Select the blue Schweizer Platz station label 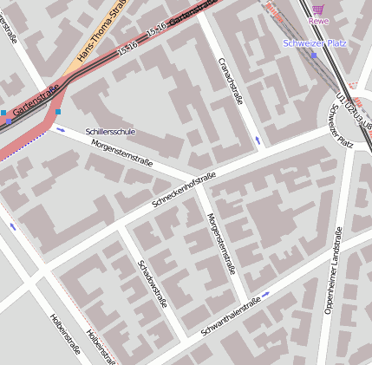(314, 42)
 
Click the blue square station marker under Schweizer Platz (314, 55)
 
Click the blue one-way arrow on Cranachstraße (257, 140)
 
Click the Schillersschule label (110, 132)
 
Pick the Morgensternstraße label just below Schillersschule (122, 153)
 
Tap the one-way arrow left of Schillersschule (60, 130)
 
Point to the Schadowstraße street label (151, 283)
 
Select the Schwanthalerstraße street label (231, 316)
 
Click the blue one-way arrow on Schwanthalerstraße (265, 294)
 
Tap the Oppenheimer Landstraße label (334, 270)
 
